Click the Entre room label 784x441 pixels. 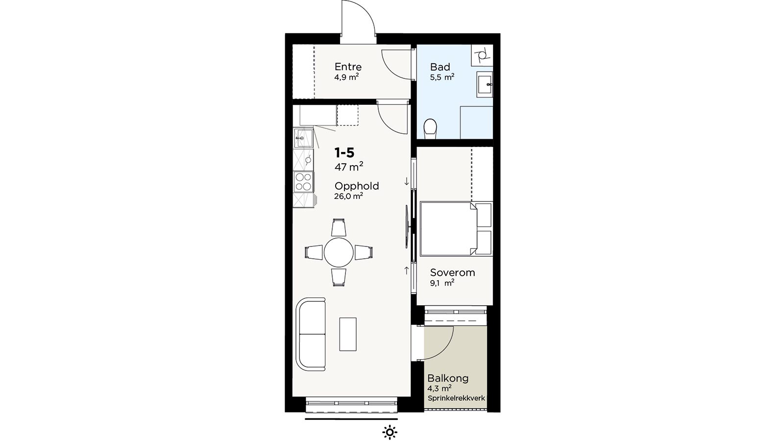tap(348, 67)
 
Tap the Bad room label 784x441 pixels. tap(440, 67)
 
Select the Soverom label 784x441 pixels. tap(453, 272)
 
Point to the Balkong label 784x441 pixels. tap(448, 378)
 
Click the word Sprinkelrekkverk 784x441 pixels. tap(456, 398)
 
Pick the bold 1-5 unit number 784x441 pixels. tap(344, 152)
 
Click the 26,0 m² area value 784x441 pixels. tap(348, 196)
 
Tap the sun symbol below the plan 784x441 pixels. tap(390, 432)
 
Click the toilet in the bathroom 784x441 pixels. tap(430, 129)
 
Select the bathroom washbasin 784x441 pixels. tap(485, 84)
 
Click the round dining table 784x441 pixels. tap(339, 252)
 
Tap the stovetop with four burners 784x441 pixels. tap(303, 182)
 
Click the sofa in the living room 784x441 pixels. tap(311, 334)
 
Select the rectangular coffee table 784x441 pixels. tap(348, 334)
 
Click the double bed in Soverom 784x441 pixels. tap(448, 228)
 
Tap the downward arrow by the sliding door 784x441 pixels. tap(406, 181)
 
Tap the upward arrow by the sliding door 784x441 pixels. tap(406, 270)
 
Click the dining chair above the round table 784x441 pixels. tap(339, 227)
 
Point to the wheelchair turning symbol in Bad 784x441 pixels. tap(482, 55)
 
